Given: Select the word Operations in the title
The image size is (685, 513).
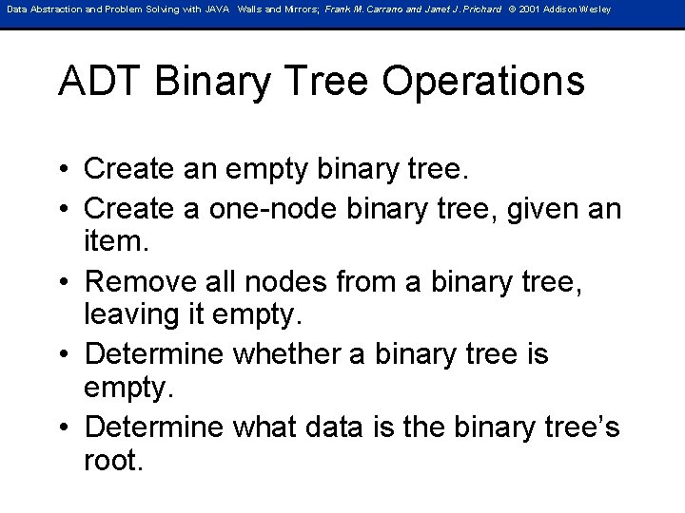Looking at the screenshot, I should (483, 83).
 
